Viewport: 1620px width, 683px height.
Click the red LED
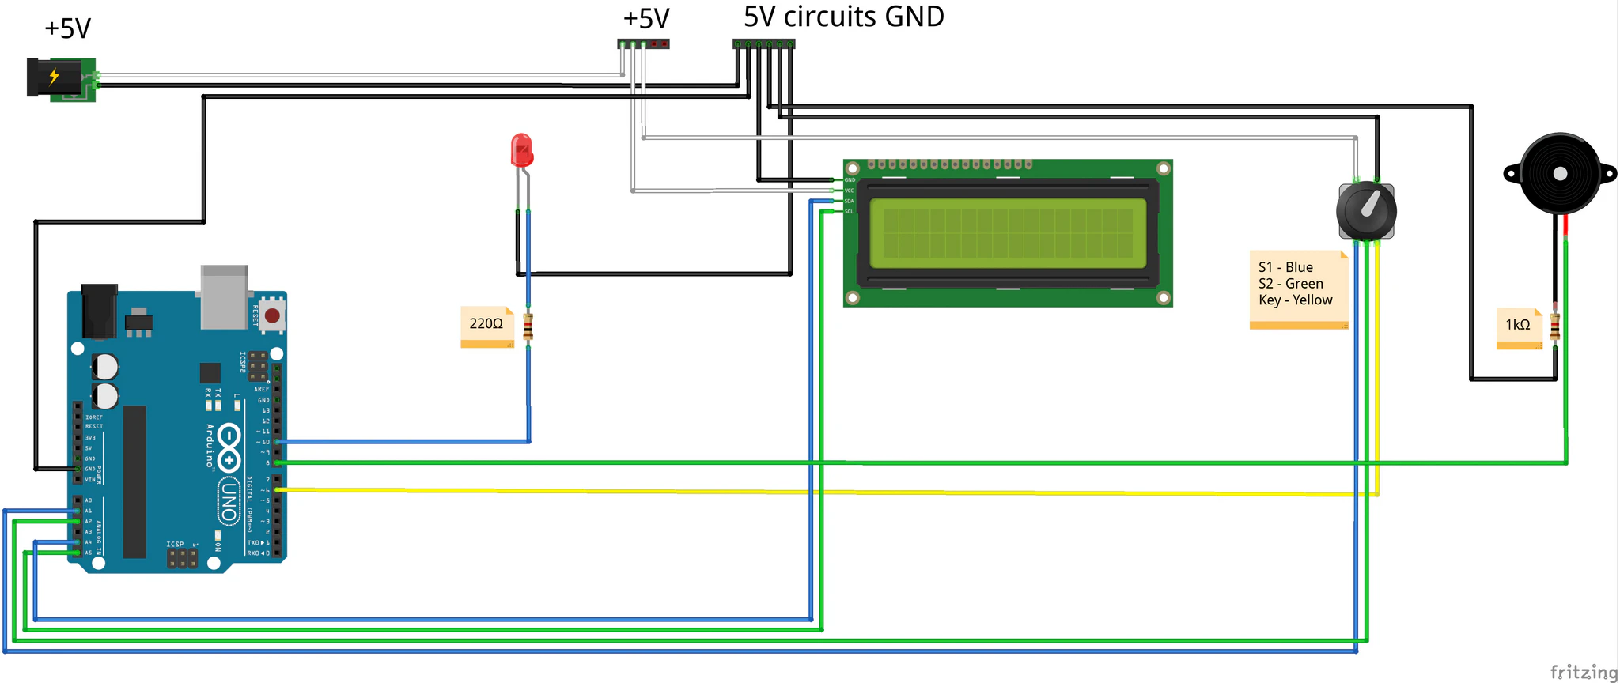(522, 150)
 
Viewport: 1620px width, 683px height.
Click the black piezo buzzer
(1560, 174)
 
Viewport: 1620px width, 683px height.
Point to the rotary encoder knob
(1366, 211)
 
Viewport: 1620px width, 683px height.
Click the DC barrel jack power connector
(59, 78)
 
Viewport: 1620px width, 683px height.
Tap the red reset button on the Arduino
(272, 316)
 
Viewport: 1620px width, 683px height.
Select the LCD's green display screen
(1007, 232)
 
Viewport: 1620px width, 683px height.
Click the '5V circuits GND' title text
(843, 17)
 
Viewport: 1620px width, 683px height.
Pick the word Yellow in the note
(1312, 300)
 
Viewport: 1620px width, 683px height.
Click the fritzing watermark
(1584, 672)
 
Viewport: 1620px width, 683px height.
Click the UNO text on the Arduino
(229, 500)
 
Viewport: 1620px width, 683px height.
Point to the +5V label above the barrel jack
(67, 28)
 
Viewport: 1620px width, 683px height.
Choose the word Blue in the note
(1299, 267)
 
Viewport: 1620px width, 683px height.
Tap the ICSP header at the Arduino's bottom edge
(182, 558)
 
